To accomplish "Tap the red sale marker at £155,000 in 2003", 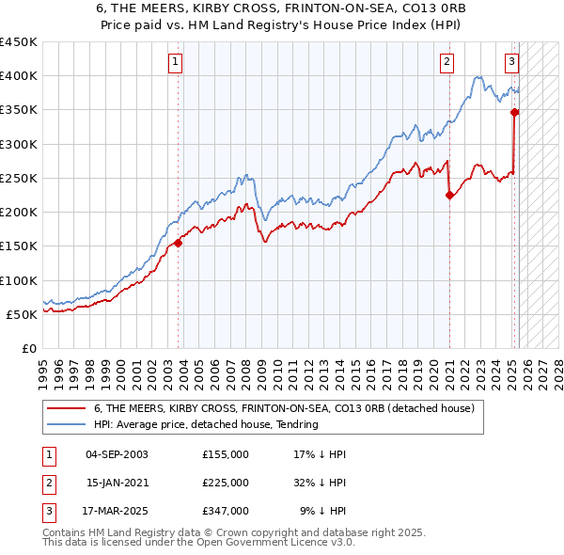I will [x=178, y=243].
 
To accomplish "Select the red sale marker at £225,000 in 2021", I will [x=449, y=196].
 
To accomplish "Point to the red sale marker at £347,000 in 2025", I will [x=515, y=112].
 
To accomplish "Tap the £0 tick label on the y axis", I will [x=28, y=348].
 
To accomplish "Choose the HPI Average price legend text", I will [x=206, y=424].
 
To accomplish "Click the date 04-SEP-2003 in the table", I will [x=117, y=454].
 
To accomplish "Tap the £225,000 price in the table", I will [x=226, y=483].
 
